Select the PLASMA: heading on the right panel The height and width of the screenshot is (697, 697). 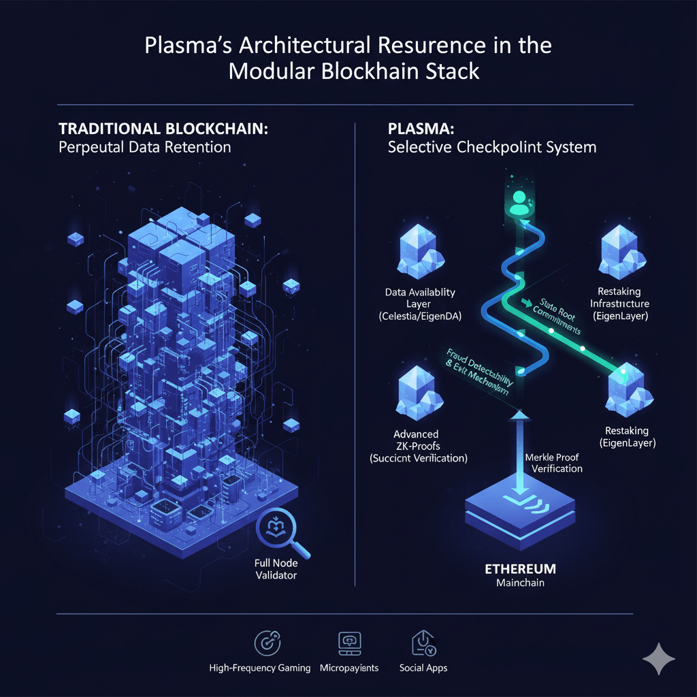tap(415, 129)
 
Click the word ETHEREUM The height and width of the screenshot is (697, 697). tap(521, 568)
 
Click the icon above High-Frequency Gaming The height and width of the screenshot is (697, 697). tap(263, 642)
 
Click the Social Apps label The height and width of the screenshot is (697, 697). tap(423, 668)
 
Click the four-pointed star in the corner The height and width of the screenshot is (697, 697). tap(658, 660)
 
